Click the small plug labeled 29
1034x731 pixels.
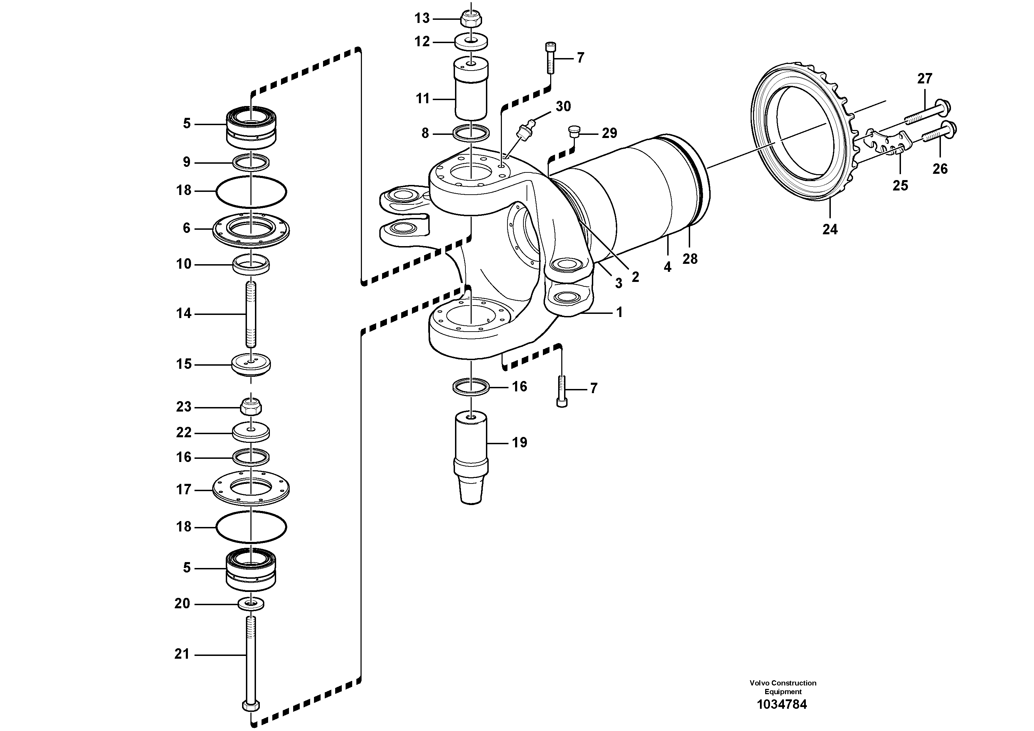574,131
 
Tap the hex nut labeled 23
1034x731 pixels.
251,406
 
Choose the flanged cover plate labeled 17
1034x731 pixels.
251,489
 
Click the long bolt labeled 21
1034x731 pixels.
250,667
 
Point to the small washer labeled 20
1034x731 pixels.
251,603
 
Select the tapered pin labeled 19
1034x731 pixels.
471,457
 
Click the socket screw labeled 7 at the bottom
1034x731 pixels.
562,391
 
